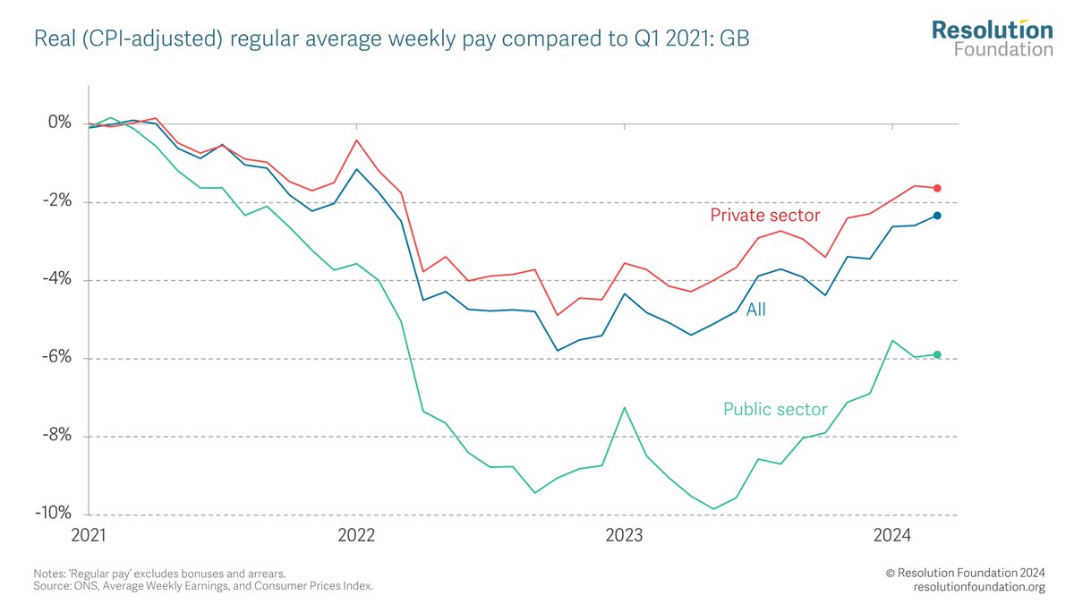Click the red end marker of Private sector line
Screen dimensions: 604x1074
point(937,188)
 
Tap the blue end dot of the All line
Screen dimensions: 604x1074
point(937,216)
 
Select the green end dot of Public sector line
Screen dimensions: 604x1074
point(937,354)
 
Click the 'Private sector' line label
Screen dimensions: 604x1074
point(764,215)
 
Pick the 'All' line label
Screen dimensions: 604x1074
point(756,310)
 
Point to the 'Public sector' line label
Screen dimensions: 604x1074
point(774,410)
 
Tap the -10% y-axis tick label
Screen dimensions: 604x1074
point(52,515)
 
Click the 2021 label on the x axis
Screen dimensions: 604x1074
point(89,535)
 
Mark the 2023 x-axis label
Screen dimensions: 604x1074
point(624,535)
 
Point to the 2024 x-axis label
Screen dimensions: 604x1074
point(891,535)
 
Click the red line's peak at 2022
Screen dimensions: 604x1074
point(357,140)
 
